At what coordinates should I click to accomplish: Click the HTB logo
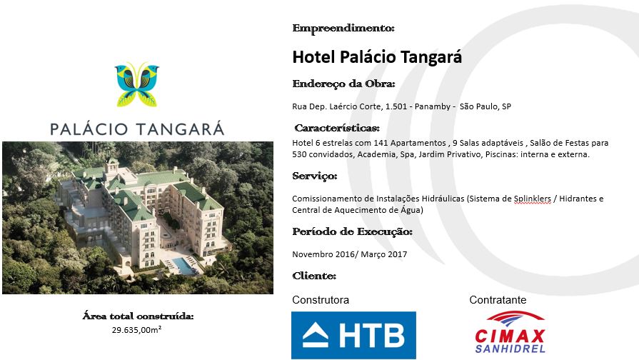click(353, 335)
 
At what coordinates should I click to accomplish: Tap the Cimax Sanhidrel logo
click(509, 332)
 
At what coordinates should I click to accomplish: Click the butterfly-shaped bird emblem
click(137, 84)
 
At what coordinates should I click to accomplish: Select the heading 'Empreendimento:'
click(343, 28)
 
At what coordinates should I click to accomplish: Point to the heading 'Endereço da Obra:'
click(343, 84)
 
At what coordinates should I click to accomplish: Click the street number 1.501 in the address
click(396, 106)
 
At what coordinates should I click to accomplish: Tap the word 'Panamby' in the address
click(433, 106)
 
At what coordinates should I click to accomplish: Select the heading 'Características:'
click(337, 128)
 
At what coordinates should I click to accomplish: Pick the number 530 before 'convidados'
click(299, 154)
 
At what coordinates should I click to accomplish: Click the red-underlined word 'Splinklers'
click(532, 199)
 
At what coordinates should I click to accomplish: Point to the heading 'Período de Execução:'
click(353, 231)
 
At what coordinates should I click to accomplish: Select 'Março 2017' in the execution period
click(384, 254)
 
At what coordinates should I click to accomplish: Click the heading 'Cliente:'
click(314, 276)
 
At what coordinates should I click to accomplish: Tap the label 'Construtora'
click(321, 300)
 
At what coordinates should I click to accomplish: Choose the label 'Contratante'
click(498, 300)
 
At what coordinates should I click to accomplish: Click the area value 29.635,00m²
click(136, 330)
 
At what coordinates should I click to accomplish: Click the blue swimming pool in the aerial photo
click(183, 265)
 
